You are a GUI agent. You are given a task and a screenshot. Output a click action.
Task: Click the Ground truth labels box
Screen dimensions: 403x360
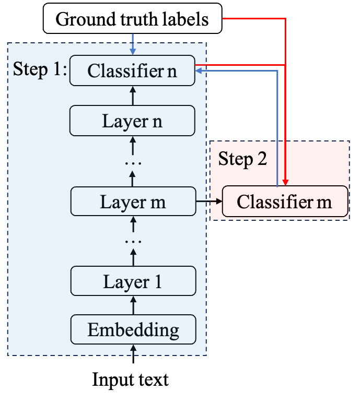(x=132, y=19)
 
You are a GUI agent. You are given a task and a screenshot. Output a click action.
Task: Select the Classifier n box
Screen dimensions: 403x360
(x=132, y=71)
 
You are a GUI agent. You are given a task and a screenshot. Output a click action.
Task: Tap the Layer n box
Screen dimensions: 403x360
(x=132, y=121)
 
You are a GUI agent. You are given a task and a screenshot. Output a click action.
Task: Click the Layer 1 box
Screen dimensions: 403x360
(x=133, y=282)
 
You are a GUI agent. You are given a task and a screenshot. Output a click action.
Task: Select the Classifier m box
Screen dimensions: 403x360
(x=285, y=201)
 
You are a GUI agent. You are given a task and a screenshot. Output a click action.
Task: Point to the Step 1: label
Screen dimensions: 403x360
(x=40, y=69)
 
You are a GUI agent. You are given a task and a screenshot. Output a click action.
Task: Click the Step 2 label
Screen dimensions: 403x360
(x=242, y=159)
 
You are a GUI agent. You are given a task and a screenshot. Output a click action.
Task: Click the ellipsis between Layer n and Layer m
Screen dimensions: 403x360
(x=133, y=163)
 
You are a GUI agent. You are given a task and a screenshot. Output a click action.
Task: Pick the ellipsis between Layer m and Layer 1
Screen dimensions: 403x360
(x=133, y=242)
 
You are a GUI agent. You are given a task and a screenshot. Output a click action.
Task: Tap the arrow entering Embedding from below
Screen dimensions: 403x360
(x=133, y=350)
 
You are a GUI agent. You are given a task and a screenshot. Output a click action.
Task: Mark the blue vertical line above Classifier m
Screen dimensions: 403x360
(x=277, y=131)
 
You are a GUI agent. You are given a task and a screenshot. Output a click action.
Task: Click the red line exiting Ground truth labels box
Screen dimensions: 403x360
(x=253, y=19)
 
